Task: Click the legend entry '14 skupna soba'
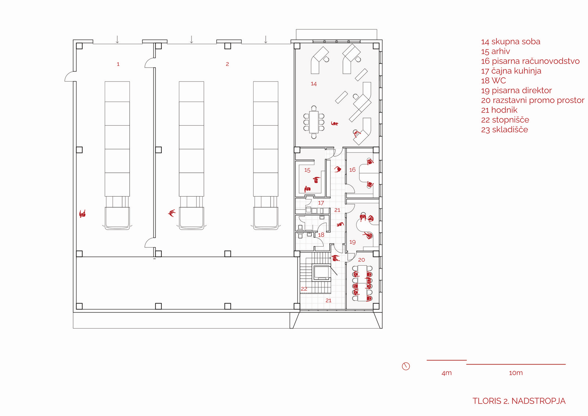tap(510, 42)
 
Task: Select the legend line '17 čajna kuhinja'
tap(511, 71)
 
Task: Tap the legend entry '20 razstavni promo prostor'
tap(533, 100)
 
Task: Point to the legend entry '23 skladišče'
tap(505, 130)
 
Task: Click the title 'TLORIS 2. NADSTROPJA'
tap(519, 401)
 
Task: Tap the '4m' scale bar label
tap(447, 373)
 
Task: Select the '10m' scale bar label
tap(516, 373)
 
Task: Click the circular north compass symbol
tap(406, 366)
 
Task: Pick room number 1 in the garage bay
tap(118, 64)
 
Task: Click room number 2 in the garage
tap(227, 64)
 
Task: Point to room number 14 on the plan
tap(314, 84)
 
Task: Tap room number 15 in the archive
tap(307, 170)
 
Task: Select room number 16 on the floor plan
tap(352, 170)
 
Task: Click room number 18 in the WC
tap(321, 235)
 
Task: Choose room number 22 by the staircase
tap(304, 289)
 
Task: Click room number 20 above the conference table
tap(362, 260)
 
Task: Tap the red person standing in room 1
tap(82, 214)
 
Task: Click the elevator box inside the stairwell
tap(321, 273)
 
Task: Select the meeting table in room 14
tap(314, 122)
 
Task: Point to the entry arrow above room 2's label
tap(191, 39)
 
